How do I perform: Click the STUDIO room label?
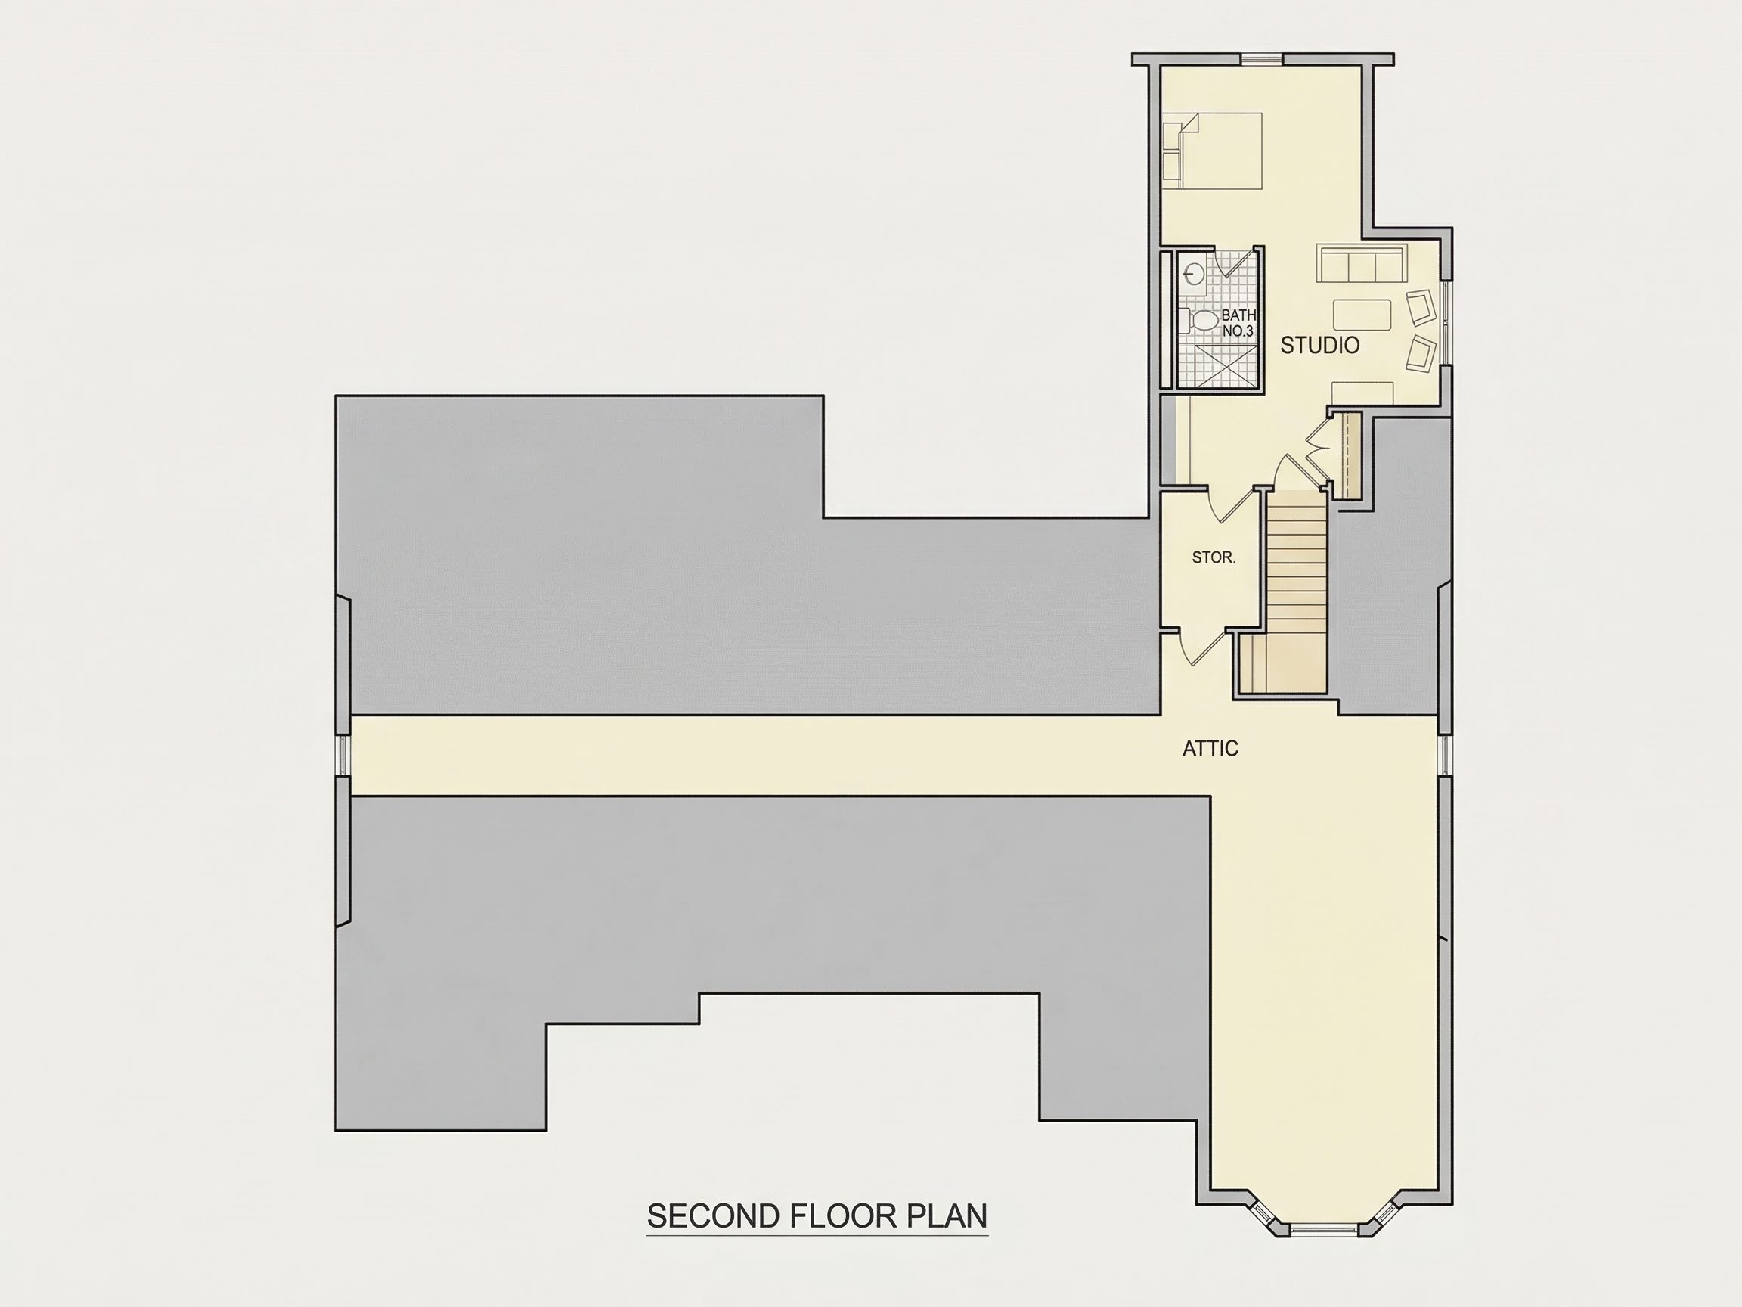(x=1320, y=345)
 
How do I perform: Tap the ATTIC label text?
(x=1210, y=749)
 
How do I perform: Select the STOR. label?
(x=1214, y=557)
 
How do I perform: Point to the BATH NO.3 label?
(x=1238, y=324)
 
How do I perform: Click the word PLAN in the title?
(x=947, y=1216)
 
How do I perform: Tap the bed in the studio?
(x=1212, y=151)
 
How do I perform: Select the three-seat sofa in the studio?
(x=1361, y=263)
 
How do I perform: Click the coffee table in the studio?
(x=1362, y=315)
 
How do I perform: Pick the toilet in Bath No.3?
(x=1198, y=321)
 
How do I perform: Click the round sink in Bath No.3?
(x=1193, y=274)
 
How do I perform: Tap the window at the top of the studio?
(x=1263, y=58)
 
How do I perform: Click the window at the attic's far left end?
(x=343, y=755)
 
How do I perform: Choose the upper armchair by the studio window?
(x=1419, y=307)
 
